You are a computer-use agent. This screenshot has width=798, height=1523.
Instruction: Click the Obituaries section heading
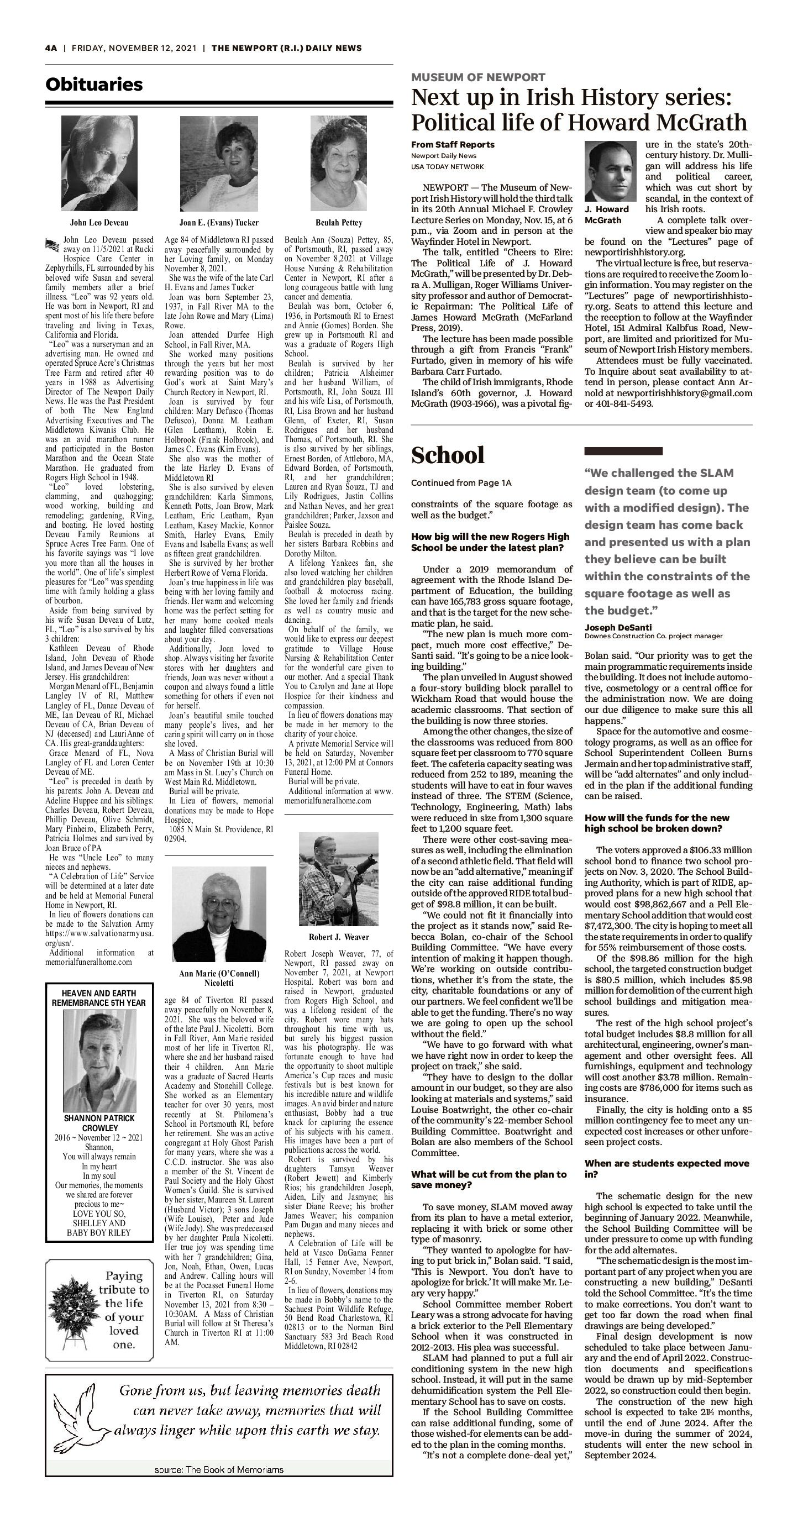coord(94,85)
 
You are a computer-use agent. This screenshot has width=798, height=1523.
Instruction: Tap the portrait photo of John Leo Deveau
coord(99,163)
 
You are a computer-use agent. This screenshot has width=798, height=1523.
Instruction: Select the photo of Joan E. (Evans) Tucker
coord(219,163)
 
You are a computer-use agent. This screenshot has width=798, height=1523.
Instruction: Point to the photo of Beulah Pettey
coord(339,163)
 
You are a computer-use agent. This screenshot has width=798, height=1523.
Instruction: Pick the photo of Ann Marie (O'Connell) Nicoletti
coord(219,914)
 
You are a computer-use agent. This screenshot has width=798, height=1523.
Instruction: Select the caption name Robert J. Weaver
coord(339,937)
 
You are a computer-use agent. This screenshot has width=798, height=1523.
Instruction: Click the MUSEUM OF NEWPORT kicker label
coord(478,77)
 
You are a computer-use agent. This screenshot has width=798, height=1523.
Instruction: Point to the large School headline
coord(448,455)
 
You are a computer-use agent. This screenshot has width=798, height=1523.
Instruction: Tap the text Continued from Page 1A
coord(461,483)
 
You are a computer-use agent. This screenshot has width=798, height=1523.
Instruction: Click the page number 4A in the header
coord(51,48)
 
